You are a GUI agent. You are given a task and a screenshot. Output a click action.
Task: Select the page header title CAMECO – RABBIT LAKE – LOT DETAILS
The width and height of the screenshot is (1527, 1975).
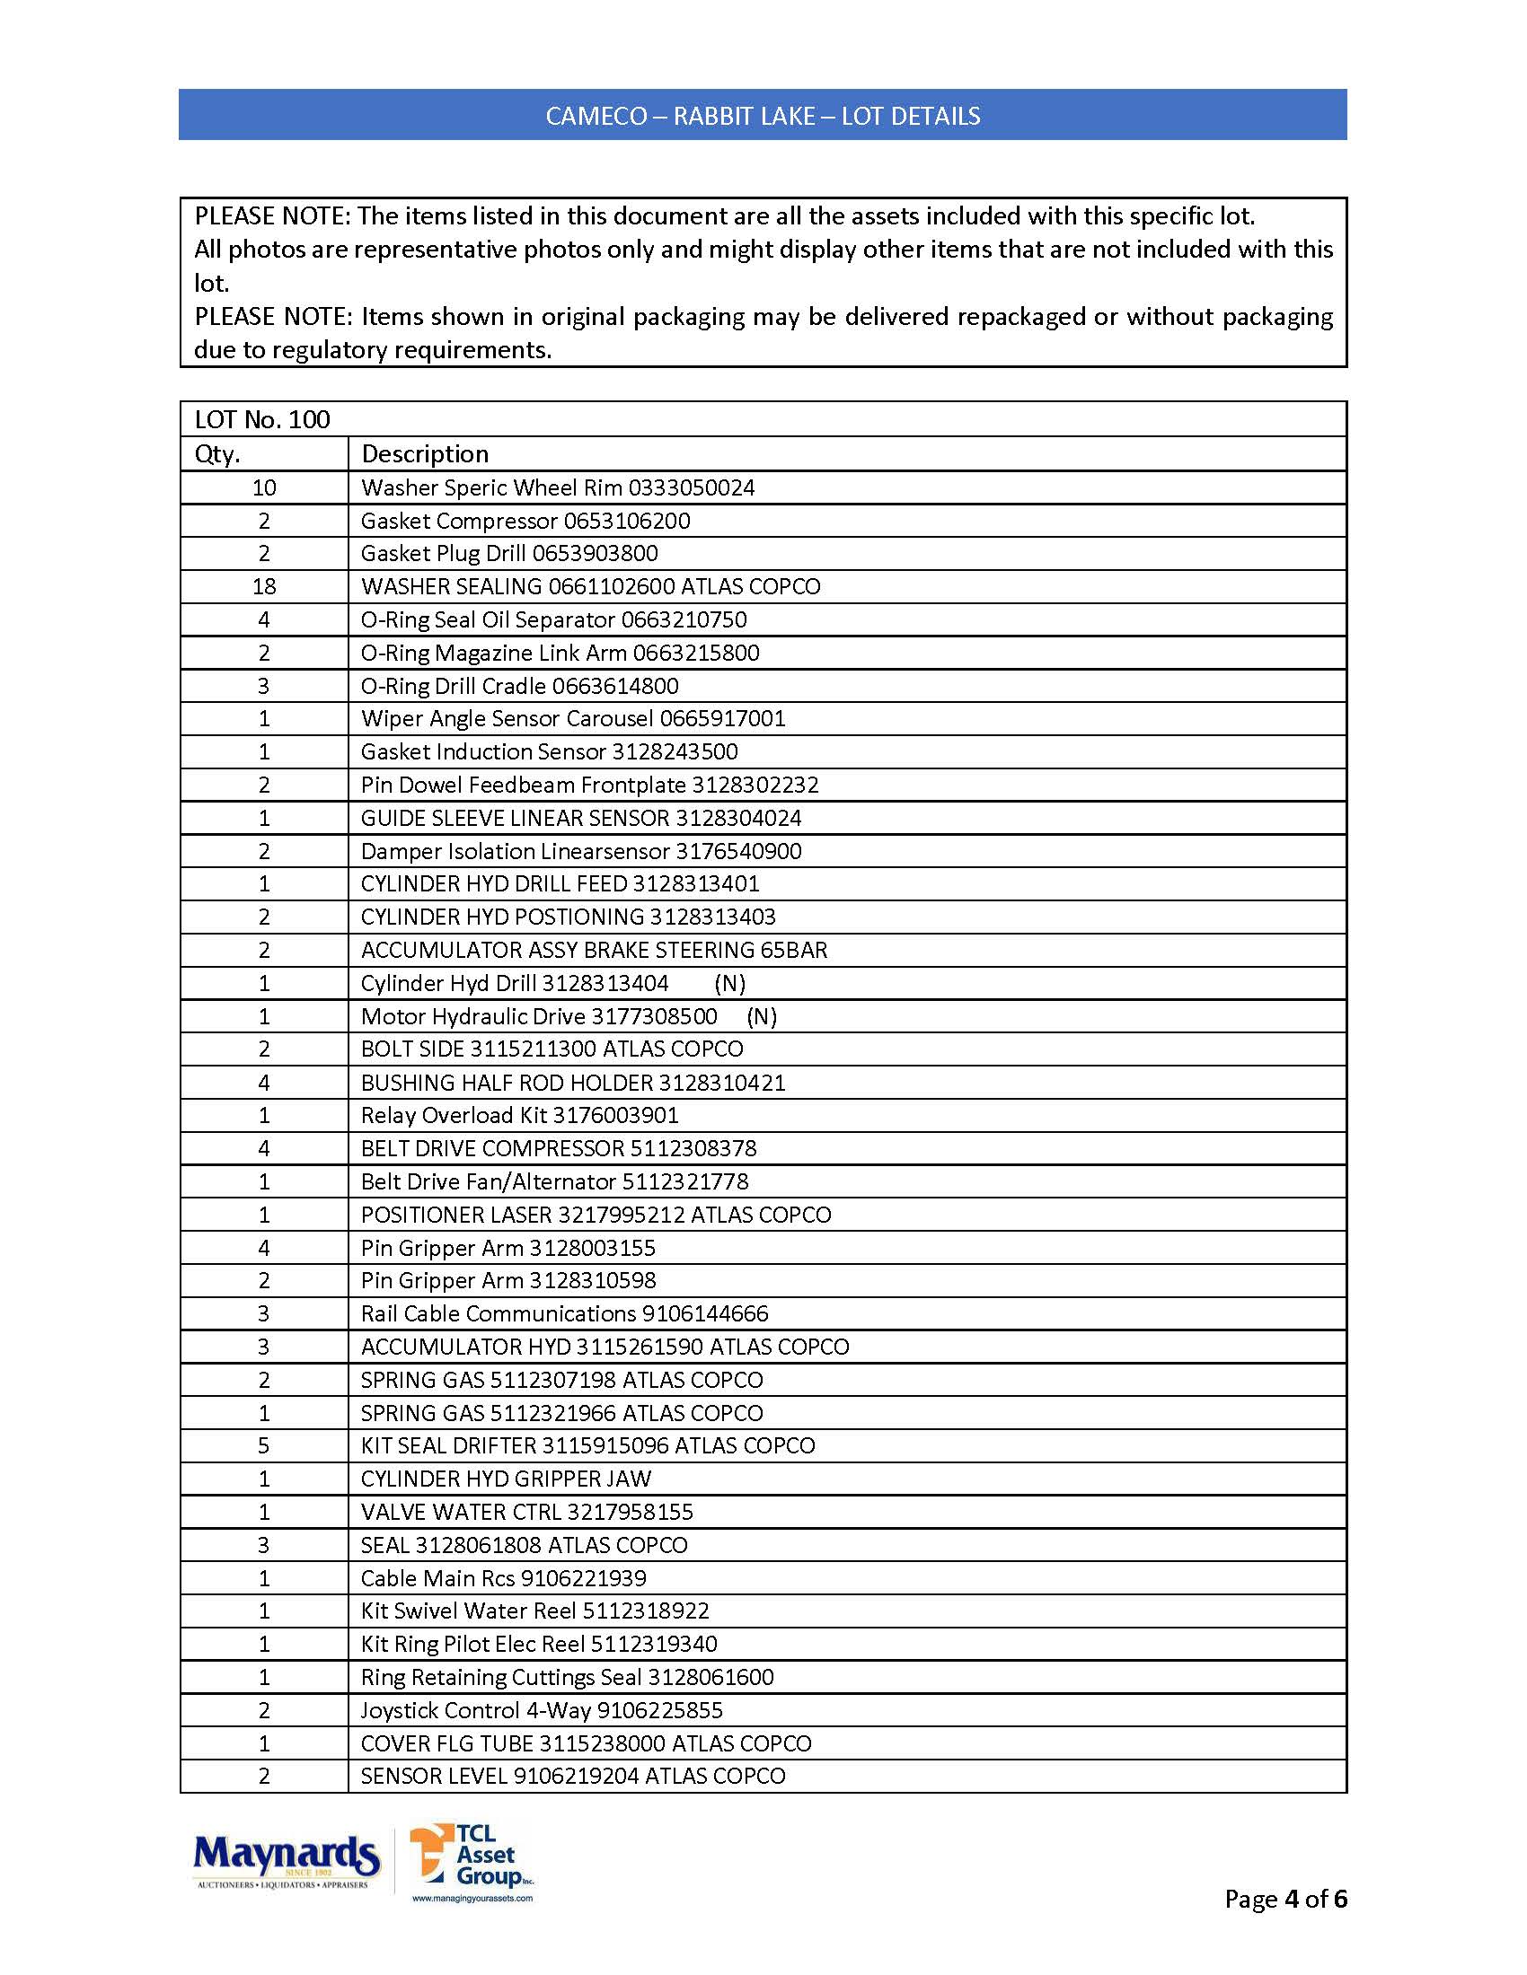click(763, 116)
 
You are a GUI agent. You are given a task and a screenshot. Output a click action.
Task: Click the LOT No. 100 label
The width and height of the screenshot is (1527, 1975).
click(262, 419)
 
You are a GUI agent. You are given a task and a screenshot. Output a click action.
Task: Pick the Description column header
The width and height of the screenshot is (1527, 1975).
click(424, 454)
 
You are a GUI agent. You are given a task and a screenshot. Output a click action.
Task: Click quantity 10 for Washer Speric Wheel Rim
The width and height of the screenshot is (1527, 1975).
click(264, 488)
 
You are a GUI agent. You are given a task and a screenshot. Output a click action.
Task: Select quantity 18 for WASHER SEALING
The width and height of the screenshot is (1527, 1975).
click(264, 587)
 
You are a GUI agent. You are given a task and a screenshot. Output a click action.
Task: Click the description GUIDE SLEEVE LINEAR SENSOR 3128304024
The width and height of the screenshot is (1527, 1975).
click(581, 819)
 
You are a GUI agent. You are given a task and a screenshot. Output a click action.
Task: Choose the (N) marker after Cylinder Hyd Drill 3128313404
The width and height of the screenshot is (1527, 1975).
click(729, 984)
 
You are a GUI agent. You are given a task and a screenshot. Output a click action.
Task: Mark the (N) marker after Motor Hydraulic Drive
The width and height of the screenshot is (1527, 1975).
click(762, 1017)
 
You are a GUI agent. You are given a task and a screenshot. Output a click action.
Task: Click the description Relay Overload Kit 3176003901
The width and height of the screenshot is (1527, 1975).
click(519, 1116)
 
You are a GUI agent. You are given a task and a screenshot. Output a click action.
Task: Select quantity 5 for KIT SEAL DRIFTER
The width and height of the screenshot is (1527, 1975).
click(264, 1446)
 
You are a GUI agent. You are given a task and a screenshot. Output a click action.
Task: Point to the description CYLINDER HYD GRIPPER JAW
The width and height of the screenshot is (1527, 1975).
click(506, 1479)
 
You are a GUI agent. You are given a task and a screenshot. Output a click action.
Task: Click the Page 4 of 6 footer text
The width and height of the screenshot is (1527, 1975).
click(1285, 1899)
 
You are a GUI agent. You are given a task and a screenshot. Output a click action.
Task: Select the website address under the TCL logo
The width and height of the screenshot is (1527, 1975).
click(472, 1898)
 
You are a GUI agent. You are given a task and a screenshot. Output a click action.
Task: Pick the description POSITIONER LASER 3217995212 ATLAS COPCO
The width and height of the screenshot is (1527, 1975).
click(596, 1216)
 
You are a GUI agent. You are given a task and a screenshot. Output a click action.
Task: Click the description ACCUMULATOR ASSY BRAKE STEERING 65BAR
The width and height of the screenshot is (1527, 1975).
click(594, 951)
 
